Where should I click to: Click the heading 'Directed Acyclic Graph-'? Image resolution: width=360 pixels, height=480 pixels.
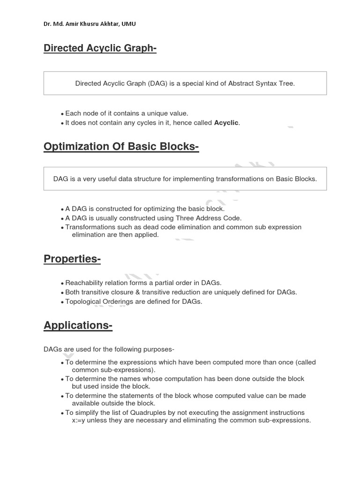100,48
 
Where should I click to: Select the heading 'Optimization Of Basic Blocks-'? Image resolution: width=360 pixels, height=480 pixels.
121,147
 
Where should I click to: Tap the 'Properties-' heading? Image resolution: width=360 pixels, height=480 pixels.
72,259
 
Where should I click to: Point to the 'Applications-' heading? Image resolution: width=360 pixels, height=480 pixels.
78,325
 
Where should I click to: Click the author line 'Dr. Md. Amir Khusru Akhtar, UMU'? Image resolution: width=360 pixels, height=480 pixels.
90,24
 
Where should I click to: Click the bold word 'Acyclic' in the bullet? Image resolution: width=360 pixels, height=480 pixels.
226,123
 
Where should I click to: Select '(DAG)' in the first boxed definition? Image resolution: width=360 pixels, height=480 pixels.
155,83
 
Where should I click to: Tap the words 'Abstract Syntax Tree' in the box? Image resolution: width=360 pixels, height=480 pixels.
261,83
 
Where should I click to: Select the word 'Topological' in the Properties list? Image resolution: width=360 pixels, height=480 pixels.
82,301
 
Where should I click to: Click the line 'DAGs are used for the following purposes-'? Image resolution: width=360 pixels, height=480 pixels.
109,349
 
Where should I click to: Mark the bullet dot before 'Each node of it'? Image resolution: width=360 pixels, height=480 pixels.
62,114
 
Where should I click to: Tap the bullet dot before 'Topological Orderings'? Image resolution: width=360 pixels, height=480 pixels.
62,302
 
